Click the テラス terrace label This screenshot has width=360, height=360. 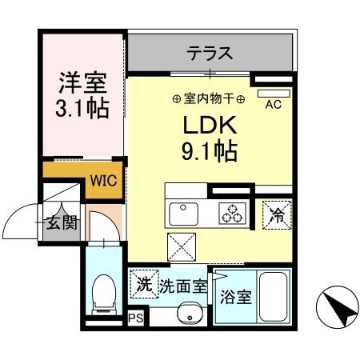210,54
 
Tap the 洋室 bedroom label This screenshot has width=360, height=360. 82,82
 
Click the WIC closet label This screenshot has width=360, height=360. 102,180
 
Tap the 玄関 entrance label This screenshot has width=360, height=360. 61,222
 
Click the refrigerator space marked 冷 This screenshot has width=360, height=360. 277,214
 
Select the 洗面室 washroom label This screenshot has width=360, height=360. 182,284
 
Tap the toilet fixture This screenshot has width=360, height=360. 103,296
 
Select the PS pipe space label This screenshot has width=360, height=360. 134,318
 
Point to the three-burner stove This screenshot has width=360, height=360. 233,214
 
